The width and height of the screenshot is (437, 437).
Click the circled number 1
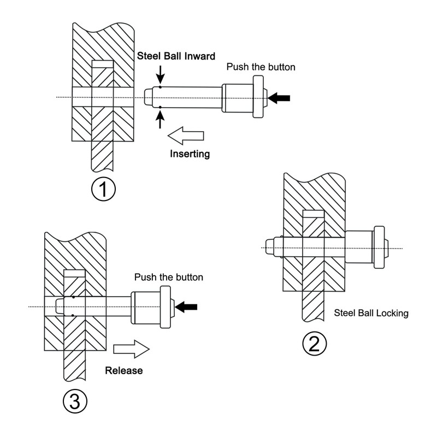click(104, 190)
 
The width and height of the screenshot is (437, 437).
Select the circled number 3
click(75, 400)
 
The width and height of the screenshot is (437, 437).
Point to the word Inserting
click(190, 153)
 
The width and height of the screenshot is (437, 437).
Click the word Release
click(123, 370)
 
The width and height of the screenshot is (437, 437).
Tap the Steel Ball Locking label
click(371, 314)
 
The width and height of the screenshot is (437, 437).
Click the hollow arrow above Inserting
click(185, 134)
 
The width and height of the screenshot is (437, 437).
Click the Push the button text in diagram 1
click(261, 67)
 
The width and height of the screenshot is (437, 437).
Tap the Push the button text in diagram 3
click(169, 277)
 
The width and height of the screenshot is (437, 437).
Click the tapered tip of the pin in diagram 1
click(148, 97)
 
